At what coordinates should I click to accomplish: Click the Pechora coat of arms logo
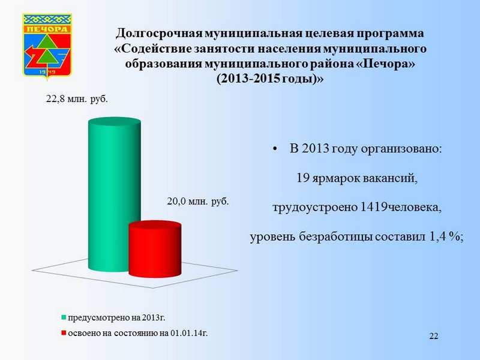coord(47,46)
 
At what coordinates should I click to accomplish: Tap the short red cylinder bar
coord(155,249)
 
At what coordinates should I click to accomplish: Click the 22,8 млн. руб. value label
coord(77,100)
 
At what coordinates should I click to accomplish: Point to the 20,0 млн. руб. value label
coord(198,202)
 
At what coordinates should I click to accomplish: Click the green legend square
coord(64,317)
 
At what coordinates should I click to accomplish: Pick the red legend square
coord(64,333)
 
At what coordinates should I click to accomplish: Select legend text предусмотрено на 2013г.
coord(116,318)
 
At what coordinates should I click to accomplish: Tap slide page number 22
coord(434,336)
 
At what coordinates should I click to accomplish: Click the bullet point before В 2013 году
coord(275,149)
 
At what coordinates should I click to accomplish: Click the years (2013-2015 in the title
coord(248,79)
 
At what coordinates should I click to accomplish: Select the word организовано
coord(401,149)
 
